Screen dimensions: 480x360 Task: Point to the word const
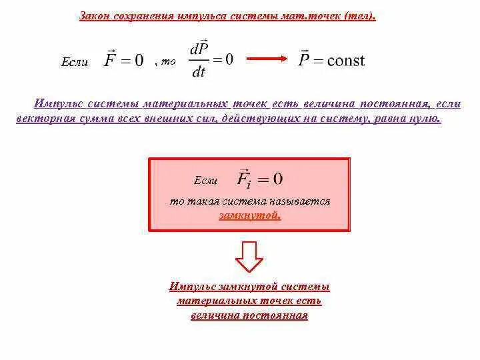[x=341, y=60]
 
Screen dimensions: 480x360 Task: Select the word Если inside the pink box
[x=205, y=181]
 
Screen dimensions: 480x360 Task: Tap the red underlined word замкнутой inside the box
[x=249, y=215]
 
